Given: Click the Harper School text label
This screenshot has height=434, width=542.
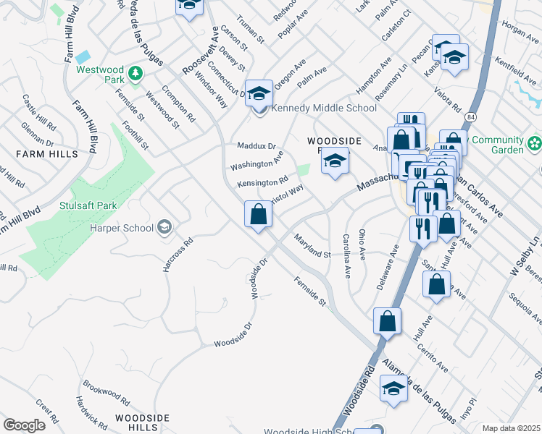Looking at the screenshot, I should click(122, 229).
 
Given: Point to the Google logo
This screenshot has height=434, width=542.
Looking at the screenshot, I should click(24, 425).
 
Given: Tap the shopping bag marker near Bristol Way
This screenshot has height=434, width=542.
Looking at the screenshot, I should click(259, 215).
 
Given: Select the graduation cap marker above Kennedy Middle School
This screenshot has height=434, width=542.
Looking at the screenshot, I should click(259, 93).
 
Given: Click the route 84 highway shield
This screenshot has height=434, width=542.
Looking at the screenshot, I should click(472, 116).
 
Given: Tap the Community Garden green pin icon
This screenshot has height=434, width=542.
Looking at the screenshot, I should click(534, 140).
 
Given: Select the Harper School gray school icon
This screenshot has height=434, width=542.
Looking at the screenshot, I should click(164, 229).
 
